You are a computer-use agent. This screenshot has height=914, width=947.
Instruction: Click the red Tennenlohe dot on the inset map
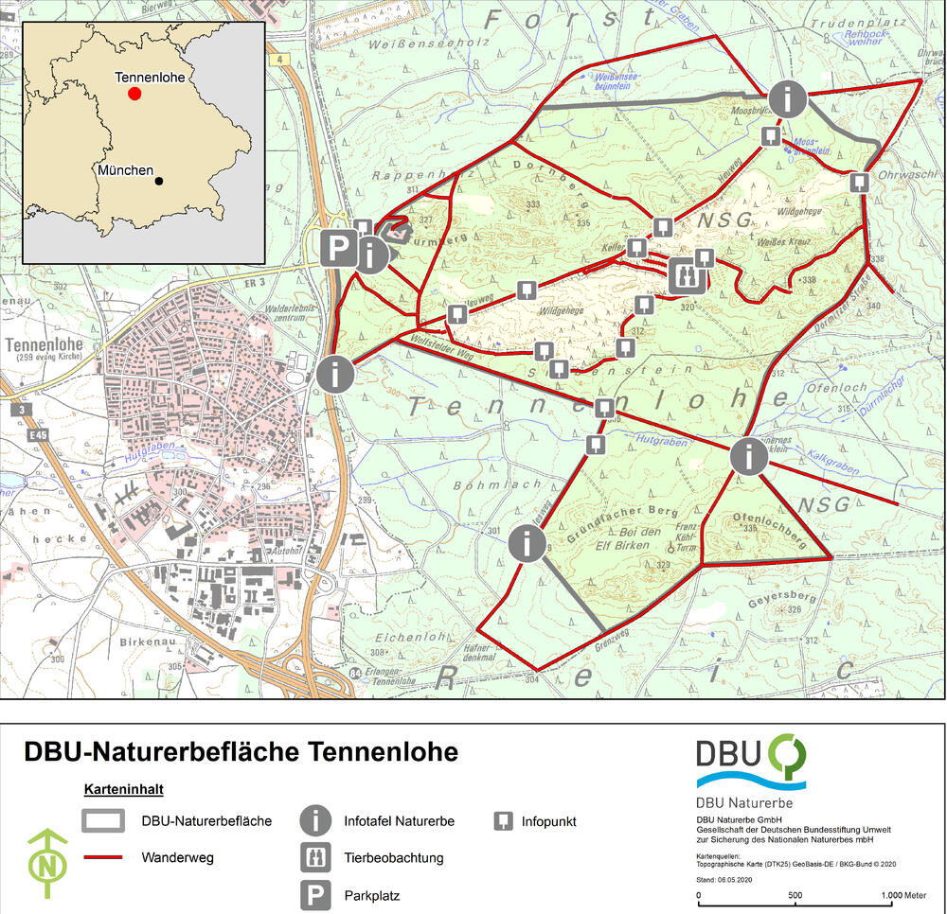point(134,94)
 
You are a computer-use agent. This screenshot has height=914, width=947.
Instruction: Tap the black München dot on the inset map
point(159,181)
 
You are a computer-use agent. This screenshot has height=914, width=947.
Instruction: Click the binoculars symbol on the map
point(685,274)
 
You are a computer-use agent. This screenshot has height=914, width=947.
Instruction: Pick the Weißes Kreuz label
point(777,243)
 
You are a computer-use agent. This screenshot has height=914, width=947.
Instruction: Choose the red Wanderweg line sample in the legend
point(104,859)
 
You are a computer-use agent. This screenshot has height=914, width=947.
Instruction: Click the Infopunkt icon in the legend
point(503,821)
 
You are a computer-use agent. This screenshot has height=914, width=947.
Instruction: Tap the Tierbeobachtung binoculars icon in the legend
point(314,857)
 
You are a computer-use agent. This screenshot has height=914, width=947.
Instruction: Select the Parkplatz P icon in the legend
point(314,894)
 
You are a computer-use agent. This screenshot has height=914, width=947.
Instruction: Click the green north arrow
point(46,863)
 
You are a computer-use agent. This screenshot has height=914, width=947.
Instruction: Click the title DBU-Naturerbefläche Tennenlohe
point(241,752)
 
